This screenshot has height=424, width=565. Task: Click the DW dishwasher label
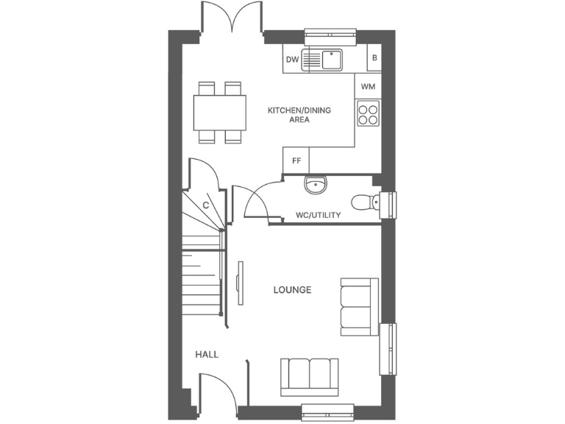292,61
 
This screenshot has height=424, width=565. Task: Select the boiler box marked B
374,58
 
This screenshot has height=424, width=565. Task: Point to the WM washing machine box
369,87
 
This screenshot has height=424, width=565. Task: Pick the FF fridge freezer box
296,160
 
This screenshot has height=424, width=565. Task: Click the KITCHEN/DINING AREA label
299,115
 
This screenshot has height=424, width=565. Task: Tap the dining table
220,113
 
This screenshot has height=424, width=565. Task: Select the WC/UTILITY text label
318,215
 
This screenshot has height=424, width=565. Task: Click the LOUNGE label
292,290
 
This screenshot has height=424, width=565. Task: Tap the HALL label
207,355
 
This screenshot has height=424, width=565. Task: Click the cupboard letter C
207,205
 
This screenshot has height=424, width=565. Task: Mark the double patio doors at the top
232,18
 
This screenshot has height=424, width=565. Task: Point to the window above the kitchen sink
330,32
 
